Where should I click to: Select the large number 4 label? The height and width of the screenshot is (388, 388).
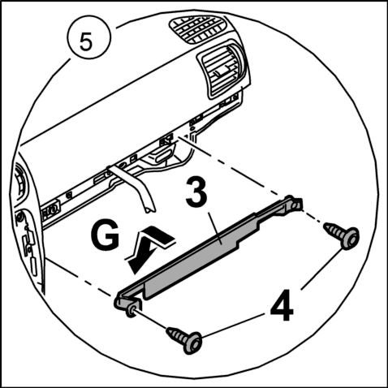click(x=282, y=305)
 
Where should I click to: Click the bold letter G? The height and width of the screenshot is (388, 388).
click(x=105, y=235)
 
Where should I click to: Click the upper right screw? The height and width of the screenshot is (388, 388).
click(x=342, y=235)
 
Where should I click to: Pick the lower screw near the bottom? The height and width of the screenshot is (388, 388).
click(x=184, y=339)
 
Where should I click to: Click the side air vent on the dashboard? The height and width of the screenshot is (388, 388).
click(x=222, y=69)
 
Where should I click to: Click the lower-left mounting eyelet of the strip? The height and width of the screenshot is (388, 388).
click(x=131, y=311)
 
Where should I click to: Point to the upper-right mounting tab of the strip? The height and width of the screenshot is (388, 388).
click(x=295, y=204)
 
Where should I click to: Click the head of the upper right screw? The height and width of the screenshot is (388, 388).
click(x=351, y=239)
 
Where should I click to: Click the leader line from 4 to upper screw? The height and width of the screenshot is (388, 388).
click(x=321, y=269)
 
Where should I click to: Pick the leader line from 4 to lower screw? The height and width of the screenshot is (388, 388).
click(x=233, y=325)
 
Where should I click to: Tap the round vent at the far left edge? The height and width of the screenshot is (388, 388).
click(x=19, y=180)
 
